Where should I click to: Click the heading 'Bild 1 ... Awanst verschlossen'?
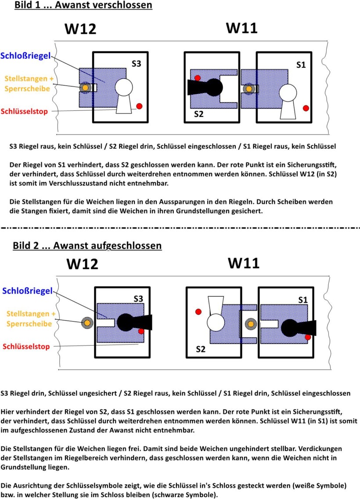83,5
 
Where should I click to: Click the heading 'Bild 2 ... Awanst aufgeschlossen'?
87,246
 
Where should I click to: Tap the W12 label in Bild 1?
80,29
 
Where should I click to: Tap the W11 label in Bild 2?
244,263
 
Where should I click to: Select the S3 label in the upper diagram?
137,64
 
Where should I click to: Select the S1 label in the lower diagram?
303,300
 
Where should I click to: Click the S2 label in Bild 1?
199,114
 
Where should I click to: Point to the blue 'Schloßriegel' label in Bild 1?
25,56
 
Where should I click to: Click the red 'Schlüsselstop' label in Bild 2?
26,347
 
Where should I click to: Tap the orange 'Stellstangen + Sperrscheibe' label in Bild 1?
29,83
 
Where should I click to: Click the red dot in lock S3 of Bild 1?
139,106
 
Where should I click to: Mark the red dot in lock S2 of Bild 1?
198,78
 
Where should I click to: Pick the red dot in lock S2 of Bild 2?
198,311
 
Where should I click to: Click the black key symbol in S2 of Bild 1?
205,87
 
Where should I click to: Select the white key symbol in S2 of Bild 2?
216,314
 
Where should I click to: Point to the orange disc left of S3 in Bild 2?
87,323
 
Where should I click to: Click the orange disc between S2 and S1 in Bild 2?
251,324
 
